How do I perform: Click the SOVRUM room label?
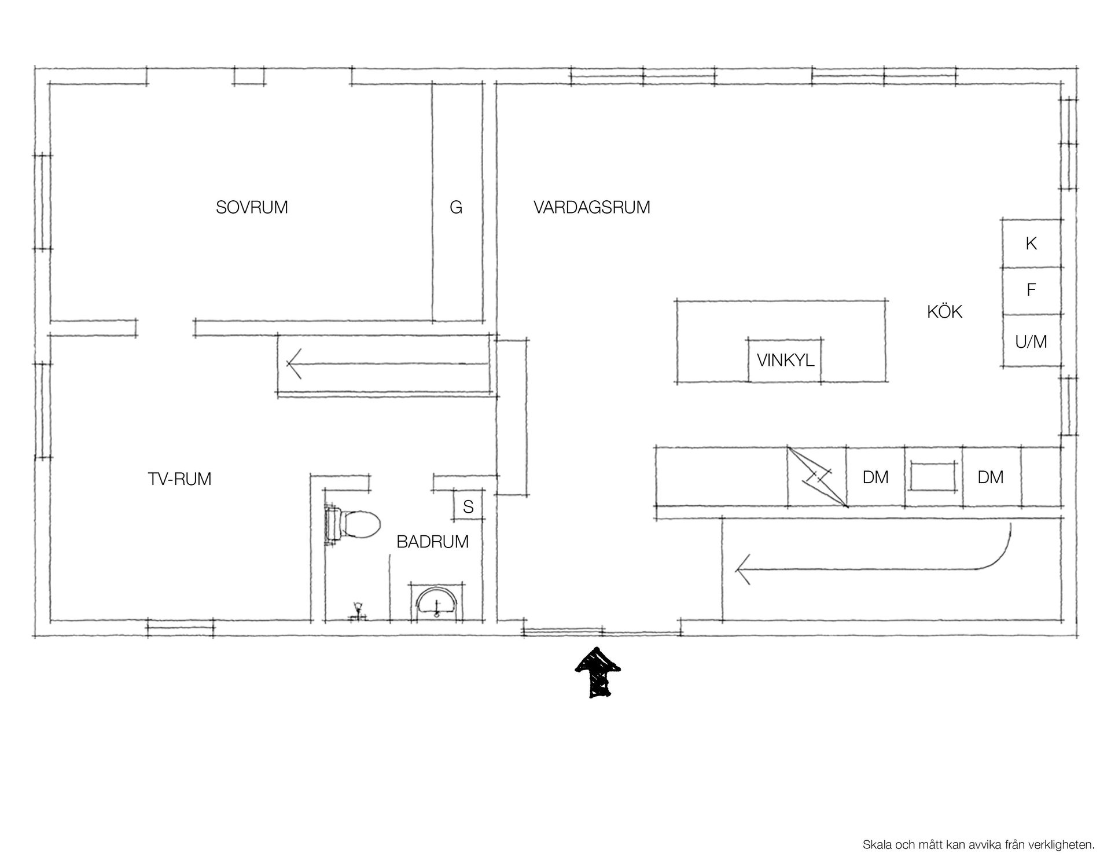(252, 207)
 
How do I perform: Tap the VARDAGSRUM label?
(592, 207)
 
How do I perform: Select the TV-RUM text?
(179, 479)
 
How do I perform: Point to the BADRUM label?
(432, 542)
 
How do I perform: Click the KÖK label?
(944, 311)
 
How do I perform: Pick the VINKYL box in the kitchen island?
(785, 360)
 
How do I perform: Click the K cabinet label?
(1031, 244)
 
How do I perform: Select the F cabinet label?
(1031, 290)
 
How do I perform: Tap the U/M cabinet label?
(1031, 342)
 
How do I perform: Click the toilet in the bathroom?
(353, 524)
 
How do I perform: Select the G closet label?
(456, 207)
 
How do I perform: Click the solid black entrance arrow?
(598, 672)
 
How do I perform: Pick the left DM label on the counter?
(875, 477)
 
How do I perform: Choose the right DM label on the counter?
(991, 477)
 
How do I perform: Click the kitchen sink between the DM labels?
(933, 476)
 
